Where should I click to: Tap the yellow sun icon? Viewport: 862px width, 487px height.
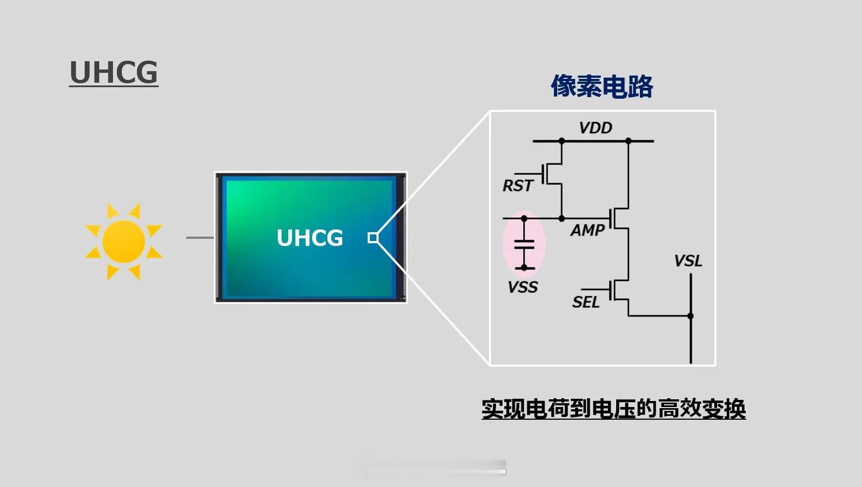point(123,242)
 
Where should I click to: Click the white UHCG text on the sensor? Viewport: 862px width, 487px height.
point(310,238)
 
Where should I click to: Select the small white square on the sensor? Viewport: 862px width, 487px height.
point(373,238)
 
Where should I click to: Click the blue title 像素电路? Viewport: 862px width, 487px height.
point(602,86)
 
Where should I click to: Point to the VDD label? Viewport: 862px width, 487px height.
point(595,128)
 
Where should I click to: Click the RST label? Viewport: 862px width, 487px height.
point(518,186)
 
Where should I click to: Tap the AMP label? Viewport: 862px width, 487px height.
point(587,230)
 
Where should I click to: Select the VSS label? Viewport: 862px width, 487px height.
point(522,287)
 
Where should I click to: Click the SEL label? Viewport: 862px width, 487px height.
point(586,302)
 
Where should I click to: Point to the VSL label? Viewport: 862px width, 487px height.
point(688,261)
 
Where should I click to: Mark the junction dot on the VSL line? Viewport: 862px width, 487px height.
point(691,315)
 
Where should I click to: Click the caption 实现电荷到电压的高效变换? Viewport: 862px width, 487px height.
point(613,409)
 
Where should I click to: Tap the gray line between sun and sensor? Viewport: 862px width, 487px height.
point(200,238)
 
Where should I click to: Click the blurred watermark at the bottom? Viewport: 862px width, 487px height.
point(433,468)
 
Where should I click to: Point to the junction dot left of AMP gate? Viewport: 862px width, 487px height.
point(562,218)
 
